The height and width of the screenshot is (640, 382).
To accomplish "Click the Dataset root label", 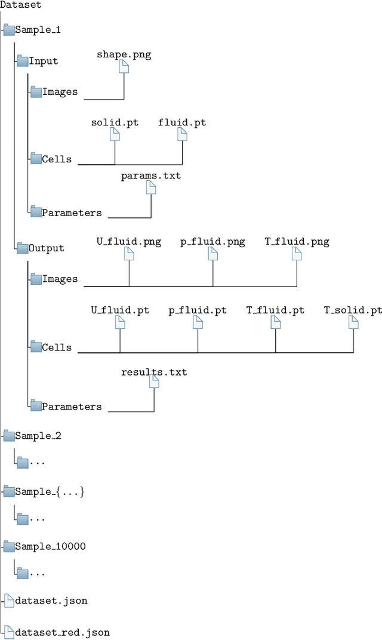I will (x=21, y=5).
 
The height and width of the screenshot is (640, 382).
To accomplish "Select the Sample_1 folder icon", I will (x=8, y=30).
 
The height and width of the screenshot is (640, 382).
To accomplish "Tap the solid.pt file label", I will (x=115, y=122).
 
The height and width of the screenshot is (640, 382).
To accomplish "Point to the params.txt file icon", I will (x=151, y=187).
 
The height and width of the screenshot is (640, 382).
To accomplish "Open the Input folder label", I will (x=44, y=61).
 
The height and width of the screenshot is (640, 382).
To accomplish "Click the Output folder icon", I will (x=22, y=248).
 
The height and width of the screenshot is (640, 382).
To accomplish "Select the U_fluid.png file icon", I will (x=129, y=254).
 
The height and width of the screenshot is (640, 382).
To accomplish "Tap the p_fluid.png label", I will (x=212, y=242).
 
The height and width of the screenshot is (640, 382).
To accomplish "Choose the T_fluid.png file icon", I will (x=297, y=254).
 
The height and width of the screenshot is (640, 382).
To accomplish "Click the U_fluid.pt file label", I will (x=120, y=310).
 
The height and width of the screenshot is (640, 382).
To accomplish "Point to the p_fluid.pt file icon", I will (x=198, y=322).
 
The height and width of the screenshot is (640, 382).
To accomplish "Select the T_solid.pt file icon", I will (x=353, y=322).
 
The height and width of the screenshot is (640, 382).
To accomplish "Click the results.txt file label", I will (x=154, y=373).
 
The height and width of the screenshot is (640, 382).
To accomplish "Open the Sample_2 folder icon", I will (x=8, y=436).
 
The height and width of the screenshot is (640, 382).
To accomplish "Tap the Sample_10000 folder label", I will (x=51, y=546).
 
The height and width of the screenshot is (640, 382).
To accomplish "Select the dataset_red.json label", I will (x=63, y=632).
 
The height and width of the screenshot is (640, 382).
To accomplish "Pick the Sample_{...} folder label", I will (x=50, y=491).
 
